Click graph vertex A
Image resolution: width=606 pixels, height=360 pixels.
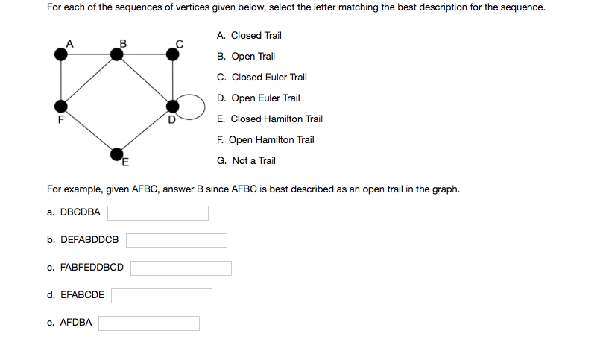tap(60, 54)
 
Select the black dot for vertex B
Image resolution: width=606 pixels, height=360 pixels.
tap(117, 54)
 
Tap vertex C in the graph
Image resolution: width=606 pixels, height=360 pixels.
tap(172, 54)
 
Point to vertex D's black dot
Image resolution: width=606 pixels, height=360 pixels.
tap(172, 107)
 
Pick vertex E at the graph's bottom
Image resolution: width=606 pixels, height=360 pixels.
tap(117, 154)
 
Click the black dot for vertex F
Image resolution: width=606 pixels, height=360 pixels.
tap(60, 107)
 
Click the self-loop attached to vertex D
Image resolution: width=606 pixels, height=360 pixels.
tap(204, 107)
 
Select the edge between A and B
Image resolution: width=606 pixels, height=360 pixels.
tap(89, 54)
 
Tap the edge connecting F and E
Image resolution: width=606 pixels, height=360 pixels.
tap(89, 130)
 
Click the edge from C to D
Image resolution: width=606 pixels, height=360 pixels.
tap(172, 80)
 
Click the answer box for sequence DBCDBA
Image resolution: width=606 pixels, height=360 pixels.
tap(158, 213)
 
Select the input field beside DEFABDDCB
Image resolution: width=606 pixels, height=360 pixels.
tap(177, 241)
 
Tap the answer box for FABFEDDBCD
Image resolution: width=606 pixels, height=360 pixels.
tap(181, 268)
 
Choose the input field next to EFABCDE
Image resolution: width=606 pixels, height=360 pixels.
tap(162, 296)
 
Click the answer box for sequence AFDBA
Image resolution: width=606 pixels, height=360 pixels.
tap(149, 323)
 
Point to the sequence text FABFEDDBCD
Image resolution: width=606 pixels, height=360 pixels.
tap(92, 268)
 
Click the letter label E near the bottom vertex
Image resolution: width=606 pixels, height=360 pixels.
tap(125, 162)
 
